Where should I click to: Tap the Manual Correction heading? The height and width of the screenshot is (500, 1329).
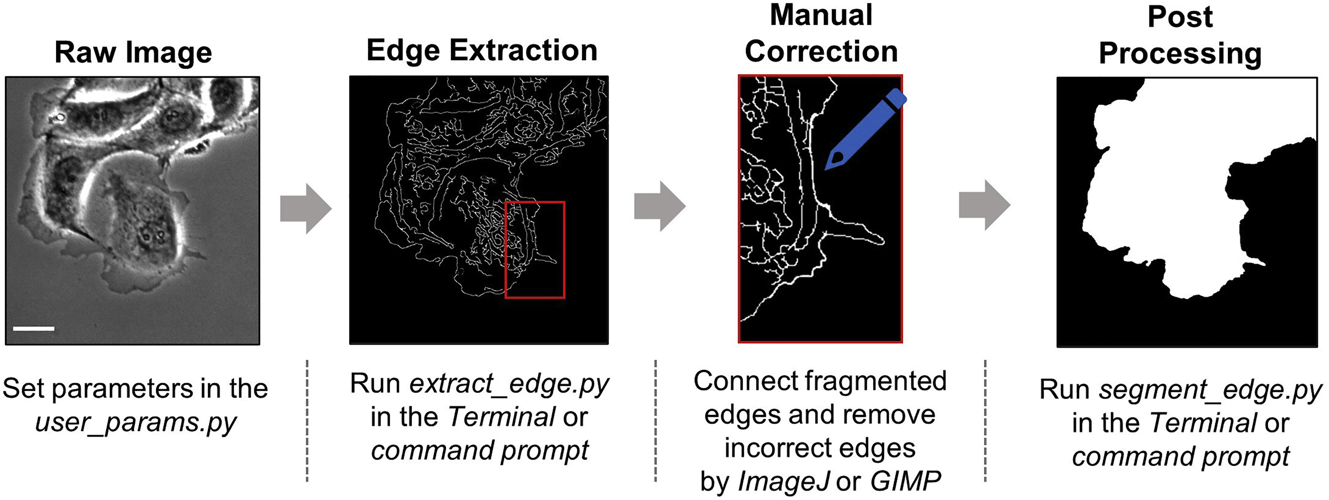pyautogui.click(x=821, y=34)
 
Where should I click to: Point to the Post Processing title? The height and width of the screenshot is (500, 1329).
pyautogui.click(x=1180, y=35)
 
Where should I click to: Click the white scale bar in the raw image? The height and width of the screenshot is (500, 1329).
pyautogui.click(x=34, y=328)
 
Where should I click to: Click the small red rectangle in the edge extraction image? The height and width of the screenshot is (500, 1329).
pyautogui.click(x=535, y=250)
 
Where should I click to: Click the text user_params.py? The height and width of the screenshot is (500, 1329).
pyautogui.click(x=136, y=423)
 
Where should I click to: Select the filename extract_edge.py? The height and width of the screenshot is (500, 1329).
pyautogui.click(x=509, y=384)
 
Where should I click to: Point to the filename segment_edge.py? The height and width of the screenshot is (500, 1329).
pyautogui.click(x=1210, y=390)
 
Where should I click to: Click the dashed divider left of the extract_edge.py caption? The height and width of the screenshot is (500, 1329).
pyautogui.click(x=307, y=420)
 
